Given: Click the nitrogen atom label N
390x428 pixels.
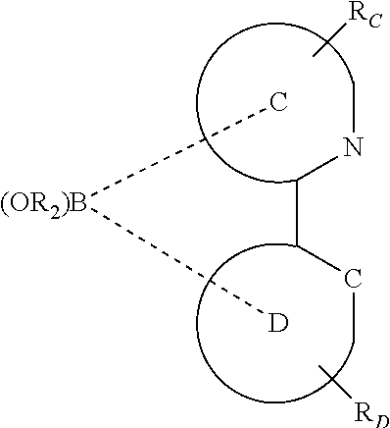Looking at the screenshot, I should click(354, 149).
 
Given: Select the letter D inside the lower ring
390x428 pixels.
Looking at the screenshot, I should click(278, 325).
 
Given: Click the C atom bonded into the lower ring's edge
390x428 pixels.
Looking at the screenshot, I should click(354, 280).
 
